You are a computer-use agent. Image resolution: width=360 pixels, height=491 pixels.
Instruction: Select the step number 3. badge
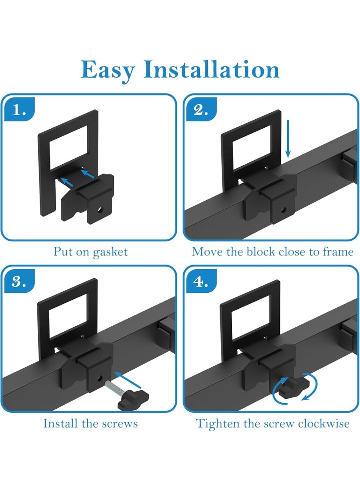tap(19, 282)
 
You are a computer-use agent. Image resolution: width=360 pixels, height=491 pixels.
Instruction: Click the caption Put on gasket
tap(90, 251)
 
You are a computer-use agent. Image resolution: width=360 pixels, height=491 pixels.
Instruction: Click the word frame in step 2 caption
tap(338, 251)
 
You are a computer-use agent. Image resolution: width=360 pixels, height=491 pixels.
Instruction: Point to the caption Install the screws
tap(90, 423)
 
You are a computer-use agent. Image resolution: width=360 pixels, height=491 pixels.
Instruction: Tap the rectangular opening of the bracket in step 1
tap(68, 145)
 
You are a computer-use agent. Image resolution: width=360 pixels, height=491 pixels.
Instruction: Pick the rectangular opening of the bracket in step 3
tap(68, 315)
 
